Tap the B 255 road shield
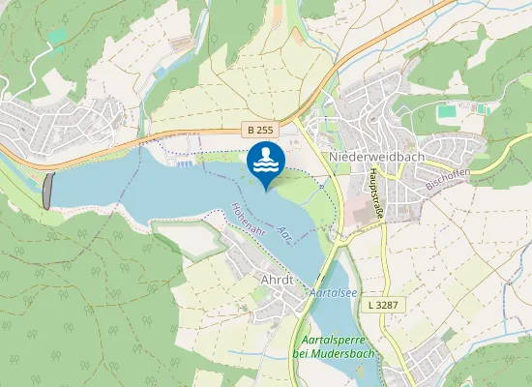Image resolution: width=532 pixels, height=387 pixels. coord(258,130)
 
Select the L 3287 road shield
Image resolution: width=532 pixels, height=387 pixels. coord(384,304)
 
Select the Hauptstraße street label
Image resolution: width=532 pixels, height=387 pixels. coord(374,190)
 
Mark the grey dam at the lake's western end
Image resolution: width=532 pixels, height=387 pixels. coord(48,191)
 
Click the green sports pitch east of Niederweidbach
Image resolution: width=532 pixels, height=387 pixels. coord(447,111)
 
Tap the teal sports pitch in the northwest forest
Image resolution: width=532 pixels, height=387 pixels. coord(60,37)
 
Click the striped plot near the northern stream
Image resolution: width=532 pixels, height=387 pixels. coord(181,43)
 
